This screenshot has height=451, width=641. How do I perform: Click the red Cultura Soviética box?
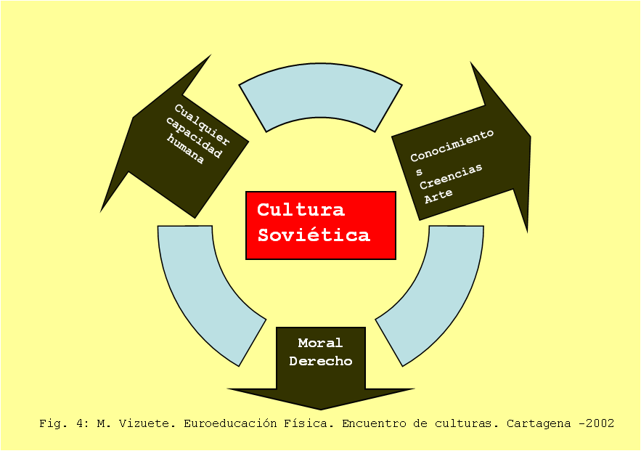coord(320,225)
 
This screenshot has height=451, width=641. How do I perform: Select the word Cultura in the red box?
coord(301,210)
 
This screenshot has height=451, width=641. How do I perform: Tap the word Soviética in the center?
coord(314,235)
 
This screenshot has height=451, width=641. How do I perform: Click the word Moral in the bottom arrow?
coord(320,343)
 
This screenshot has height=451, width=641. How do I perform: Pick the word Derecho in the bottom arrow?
coord(320,361)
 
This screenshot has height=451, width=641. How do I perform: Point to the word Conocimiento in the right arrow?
coord(452,146)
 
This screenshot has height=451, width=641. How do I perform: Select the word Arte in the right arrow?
coord(438,194)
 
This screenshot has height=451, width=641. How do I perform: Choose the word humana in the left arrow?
coord(185,151)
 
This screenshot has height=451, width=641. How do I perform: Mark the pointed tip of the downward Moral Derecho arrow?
coord(320,409)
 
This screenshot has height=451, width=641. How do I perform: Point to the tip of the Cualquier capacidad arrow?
coord(102,210)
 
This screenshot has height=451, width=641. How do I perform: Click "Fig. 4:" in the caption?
coord(64,423)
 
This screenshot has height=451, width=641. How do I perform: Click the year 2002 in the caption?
coord(600,423)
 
